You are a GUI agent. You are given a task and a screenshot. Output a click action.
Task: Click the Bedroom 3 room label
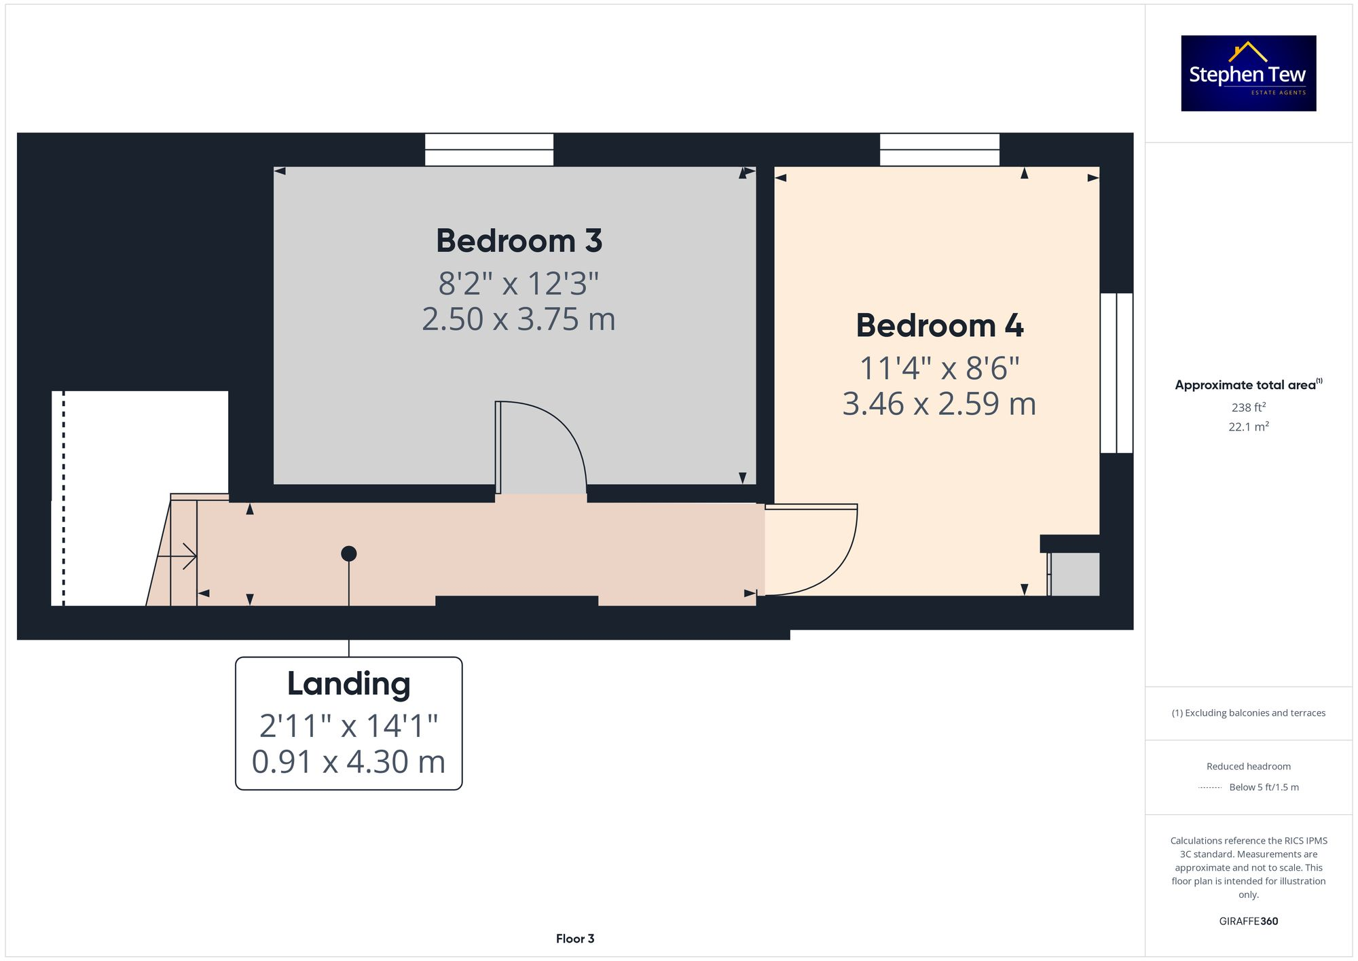(x=519, y=241)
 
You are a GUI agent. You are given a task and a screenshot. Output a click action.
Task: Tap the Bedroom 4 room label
(x=939, y=325)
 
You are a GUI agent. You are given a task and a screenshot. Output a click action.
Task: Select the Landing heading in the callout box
(x=348, y=684)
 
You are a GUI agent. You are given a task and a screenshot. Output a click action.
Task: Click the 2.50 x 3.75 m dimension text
(x=519, y=319)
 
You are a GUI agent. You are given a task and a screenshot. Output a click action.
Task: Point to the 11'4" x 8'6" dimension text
(x=939, y=369)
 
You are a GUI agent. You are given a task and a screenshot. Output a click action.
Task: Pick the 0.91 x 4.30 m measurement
(x=348, y=762)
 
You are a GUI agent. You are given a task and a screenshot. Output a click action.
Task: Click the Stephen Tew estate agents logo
(x=1248, y=73)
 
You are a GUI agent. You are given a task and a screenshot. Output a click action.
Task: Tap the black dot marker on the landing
(x=348, y=554)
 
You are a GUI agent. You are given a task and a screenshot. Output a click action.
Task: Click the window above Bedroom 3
(x=489, y=149)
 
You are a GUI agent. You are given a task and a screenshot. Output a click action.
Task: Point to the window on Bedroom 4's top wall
(x=939, y=149)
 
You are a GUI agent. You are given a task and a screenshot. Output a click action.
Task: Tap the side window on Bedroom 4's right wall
(x=1116, y=373)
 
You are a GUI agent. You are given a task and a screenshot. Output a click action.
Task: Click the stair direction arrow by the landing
(x=178, y=556)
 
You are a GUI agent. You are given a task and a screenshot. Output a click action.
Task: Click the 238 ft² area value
(x=1248, y=407)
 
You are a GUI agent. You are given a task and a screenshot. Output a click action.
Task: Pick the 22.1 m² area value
(x=1248, y=427)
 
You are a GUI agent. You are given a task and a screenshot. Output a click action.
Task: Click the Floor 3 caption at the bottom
(x=574, y=939)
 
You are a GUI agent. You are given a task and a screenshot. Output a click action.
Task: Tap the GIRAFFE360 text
(x=1248, y=922)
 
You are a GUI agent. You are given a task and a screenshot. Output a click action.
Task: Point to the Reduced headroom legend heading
(x=1248, y=766)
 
